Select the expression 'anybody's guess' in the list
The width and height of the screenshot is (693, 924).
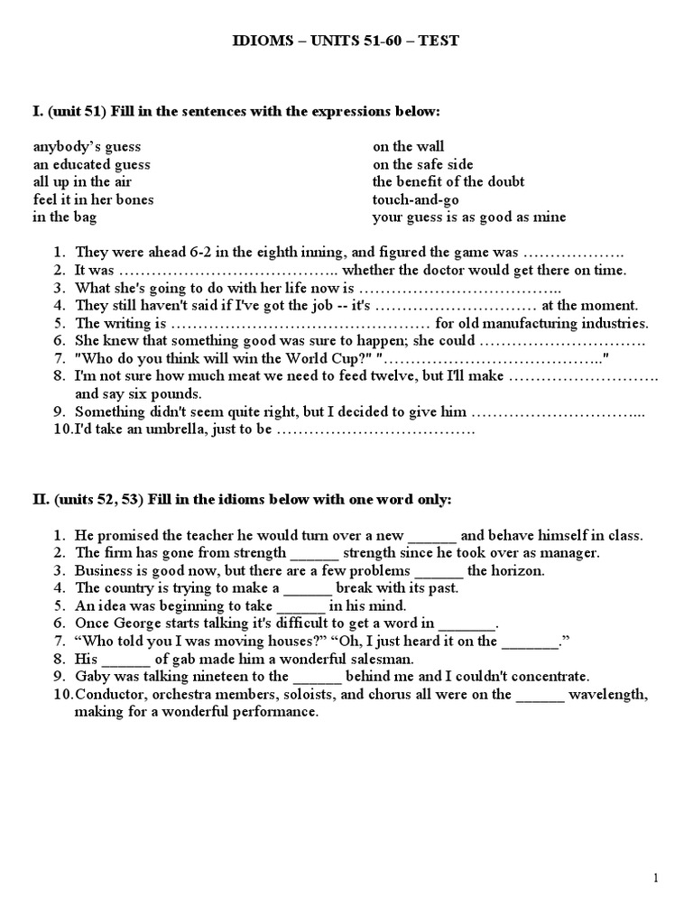click(x=87, y=146)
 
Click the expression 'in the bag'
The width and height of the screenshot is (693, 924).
click(x=64, y=217)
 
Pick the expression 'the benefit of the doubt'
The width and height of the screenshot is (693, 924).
click(x=448, y=181)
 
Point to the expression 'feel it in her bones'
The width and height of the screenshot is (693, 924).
click(x=93, y=199)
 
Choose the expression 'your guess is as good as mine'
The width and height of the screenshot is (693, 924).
click(x=469, y=217)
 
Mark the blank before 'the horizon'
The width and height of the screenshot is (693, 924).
click(x=439, y=571)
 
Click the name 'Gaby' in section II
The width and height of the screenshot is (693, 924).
click(x=91, y=676)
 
